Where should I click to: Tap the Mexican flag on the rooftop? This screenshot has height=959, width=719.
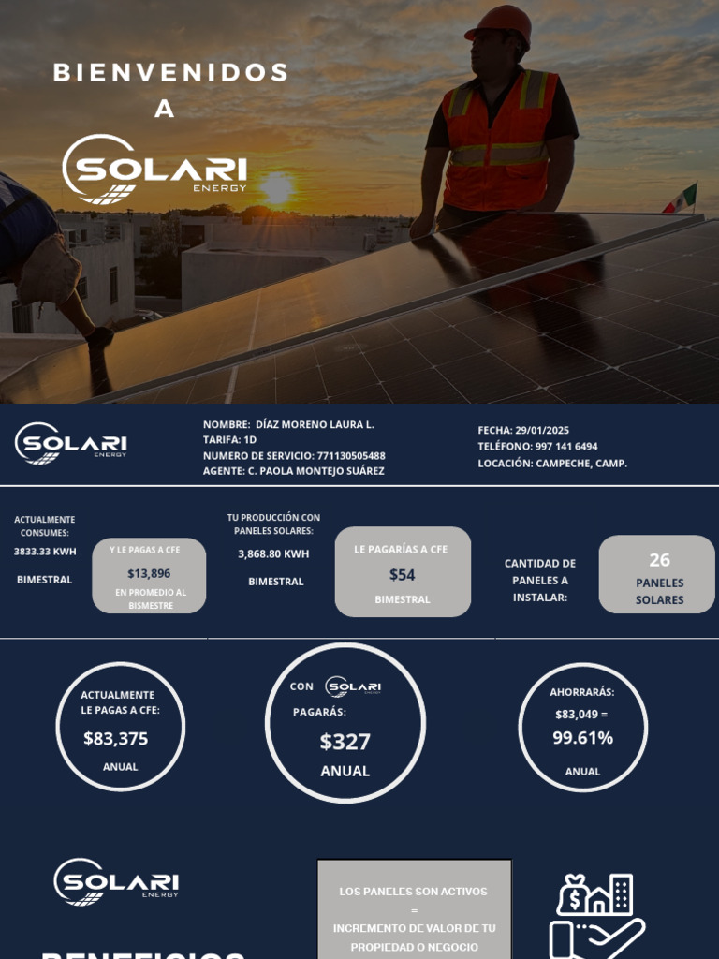click(682, 199)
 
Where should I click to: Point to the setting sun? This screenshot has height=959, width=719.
click(276, 186)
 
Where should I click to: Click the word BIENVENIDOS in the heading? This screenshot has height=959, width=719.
click(171, 73)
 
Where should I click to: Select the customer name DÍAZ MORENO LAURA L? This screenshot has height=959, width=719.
click(315, 424)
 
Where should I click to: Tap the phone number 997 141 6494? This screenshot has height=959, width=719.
click(565, 447)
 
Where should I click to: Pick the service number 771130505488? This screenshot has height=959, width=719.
click(351, 455)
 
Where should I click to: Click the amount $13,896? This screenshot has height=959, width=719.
click(149, 573)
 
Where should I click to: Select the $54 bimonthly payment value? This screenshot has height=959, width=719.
click(403, 575)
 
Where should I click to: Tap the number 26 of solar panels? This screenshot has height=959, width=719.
click(659, 560)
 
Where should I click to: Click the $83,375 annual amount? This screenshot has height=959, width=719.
click(116, 739)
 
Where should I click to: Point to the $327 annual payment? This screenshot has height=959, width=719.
click(345, 742)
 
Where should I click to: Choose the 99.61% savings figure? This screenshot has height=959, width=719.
click(582, 738)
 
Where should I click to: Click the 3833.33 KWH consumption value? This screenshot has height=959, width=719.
click(45, 552)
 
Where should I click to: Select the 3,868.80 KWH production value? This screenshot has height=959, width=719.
click(273, 553)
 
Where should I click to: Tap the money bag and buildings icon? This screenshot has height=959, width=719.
click(595, 895)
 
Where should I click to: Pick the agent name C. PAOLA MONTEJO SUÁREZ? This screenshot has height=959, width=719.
click(315, 471)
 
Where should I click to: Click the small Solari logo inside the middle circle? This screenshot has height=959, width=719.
click(353, 686)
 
